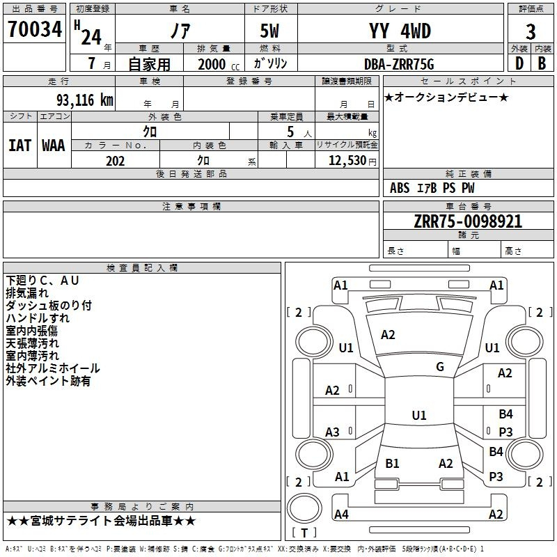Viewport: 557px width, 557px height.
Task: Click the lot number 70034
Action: click(x=35, y=29)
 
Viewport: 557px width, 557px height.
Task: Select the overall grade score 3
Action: click(x=531, y=32)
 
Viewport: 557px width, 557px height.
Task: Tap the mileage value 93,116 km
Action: click(x=84, y=100)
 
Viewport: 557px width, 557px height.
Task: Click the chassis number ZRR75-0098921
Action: click(x=468, y=221)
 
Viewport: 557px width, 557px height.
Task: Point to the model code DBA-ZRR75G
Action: click(x=399, y=64)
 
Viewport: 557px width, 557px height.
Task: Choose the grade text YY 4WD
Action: click(x=400, y=31)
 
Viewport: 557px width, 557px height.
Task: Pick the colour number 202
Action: click(x=115, y=161)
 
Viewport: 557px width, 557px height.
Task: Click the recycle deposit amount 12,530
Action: click(x=347, y=161)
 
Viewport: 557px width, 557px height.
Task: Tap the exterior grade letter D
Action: click(x=519, y=63)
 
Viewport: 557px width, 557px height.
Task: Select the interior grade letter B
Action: click(x=542, y=63)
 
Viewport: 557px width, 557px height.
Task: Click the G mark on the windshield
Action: click(x=440, y=367)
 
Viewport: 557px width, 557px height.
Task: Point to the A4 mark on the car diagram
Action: click(x=341, y=514)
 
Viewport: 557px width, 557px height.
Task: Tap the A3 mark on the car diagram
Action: click(x=332, y=432)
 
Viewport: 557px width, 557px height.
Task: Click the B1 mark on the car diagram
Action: click(x=392, y=463)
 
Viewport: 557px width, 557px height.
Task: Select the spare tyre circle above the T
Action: click(x=304, y=508)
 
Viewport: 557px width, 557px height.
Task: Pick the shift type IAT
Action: click(x=19, y=146)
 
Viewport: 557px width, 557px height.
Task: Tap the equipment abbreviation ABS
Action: click(x=400, y=188)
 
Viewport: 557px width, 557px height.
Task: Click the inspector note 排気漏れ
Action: click(x=27, y=293)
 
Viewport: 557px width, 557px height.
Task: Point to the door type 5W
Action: click(x=269, y=31)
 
